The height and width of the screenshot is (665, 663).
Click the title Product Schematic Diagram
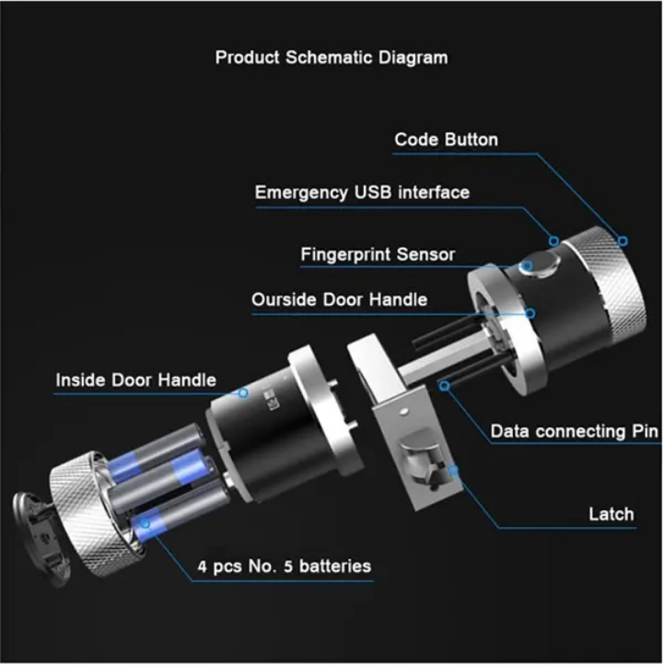[331, 57]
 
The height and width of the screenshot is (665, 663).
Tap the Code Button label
[446, 140]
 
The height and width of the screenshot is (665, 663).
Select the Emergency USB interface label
[362, 192]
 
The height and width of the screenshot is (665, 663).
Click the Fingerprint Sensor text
[378, 253]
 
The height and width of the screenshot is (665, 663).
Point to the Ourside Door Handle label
[339, 300]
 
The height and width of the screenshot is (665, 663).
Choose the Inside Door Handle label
[135, 379]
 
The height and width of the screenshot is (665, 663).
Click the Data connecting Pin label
[573, 431]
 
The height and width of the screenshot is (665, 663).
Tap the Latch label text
[611, 513]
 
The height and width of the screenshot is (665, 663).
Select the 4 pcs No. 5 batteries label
[285, 566]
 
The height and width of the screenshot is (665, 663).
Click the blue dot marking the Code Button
[622, 240]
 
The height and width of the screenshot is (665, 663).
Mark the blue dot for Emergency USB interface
[554, 240]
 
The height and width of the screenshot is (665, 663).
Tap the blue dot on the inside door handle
[243, 392]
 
